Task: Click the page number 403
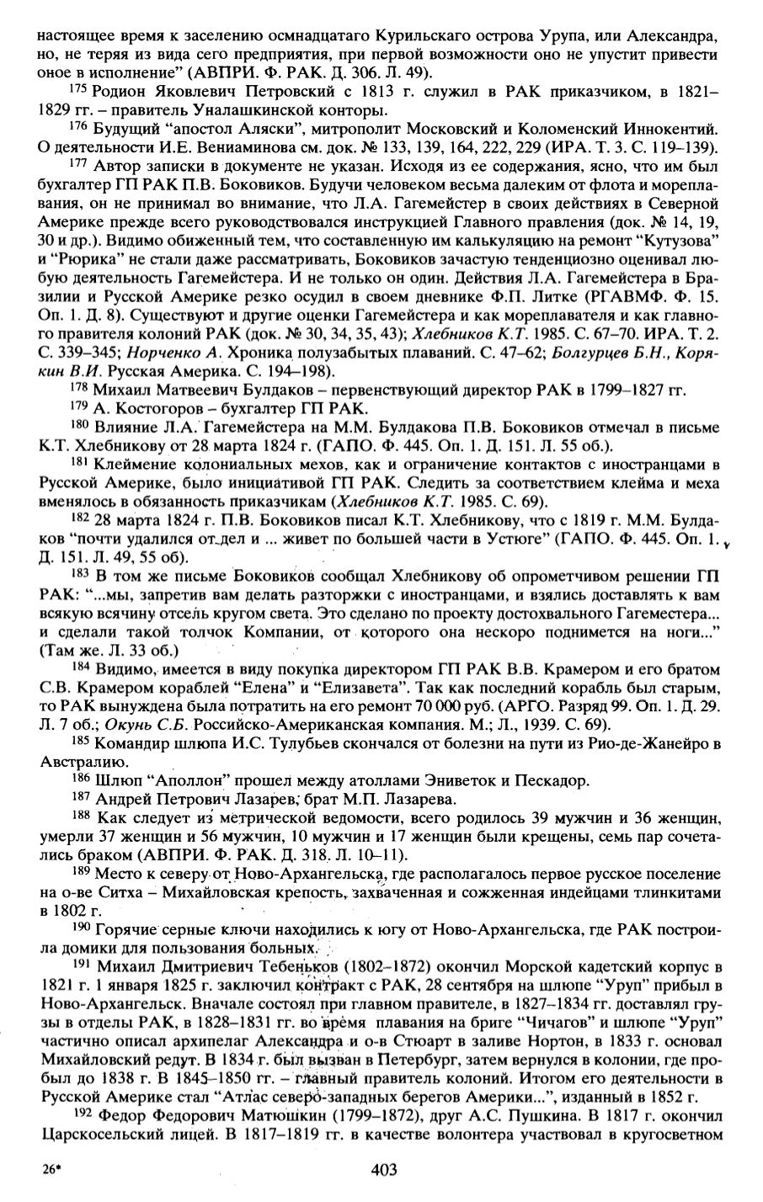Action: tap(382, 1169)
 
